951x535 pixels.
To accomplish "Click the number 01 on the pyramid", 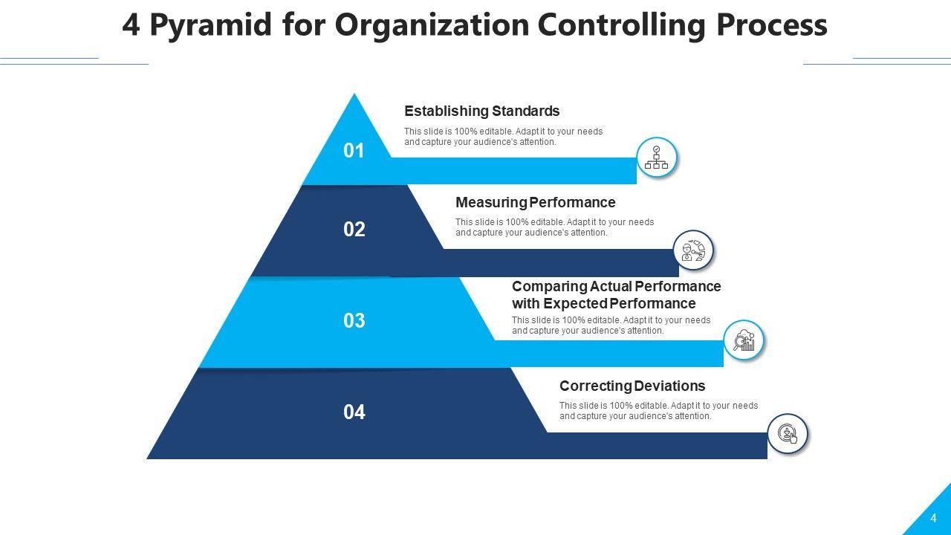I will click(x=354, y=151).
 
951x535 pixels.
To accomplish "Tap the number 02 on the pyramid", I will click(x=354, y=230).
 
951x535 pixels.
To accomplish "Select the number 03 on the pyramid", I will click(x=354, y=321).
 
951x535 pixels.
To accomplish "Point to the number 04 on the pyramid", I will click(x=354, y=412).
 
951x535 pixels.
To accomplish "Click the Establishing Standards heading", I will click(x=481, y=111).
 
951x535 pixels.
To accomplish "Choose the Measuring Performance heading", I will click(x=535, y=203).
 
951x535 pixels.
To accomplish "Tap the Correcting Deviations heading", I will click(x=632, y=386).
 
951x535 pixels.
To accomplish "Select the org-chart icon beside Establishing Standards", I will click(x=657, y=158).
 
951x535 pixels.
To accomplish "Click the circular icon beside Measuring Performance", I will click(x=693, y=250).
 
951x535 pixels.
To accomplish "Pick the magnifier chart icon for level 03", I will click(x=744, y=341).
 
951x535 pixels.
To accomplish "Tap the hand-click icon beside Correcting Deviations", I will click(x=788, y=434).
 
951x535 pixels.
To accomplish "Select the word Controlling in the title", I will click(x=622, y=25).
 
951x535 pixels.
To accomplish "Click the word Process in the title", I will click(x=771, y=25).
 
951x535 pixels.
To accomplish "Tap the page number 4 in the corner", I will click(x=934, y=519).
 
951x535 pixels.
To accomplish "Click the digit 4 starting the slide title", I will click(x=131, y=25).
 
